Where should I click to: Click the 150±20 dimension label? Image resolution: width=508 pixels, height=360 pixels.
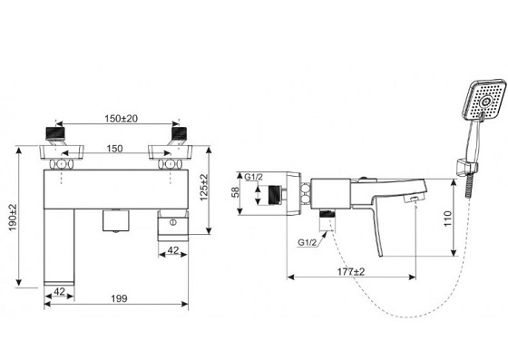(x=121, y=119)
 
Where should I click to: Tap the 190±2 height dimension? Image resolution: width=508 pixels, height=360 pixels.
(x=13, y=218)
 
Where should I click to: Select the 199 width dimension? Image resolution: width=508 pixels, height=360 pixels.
(x=119, y=298)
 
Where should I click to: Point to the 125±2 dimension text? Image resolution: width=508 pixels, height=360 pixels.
(x=204, y=188)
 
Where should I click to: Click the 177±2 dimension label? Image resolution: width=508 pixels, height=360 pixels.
(x=351, y=272)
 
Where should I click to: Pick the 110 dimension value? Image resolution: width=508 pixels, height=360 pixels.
(x=447, y=219)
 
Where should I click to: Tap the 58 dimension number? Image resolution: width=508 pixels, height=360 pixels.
(x=236, y=192)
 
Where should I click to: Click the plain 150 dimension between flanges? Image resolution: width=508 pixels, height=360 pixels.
(x=114, y=149)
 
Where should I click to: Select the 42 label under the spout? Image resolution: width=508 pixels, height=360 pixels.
(x=59, y=291)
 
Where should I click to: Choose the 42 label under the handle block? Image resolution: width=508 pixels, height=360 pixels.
(x=173, y=250)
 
